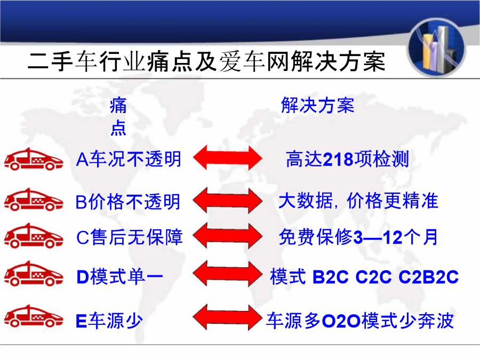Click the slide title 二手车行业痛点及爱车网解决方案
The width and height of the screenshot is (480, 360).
pyautogui.click(x=206, y=61)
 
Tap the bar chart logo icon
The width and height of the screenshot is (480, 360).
pyautogui.click(x=436, y=48)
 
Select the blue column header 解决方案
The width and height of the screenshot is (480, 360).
pyautogui.click(x=317, y=105)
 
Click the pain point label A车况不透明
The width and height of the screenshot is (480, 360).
pyautogui.click(x=129, y=159)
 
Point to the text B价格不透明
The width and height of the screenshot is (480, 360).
pyautogui.click(x=127, y=202)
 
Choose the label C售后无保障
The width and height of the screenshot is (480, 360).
pyautogui.click(x=129, y=237)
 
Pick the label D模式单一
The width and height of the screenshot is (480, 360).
pyautogui.click(x=119, y=277)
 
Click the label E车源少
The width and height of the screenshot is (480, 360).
pyautogui.click(x=109, y=321)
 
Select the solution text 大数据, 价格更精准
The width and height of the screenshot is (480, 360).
pyautogui.click(x=358, y=201)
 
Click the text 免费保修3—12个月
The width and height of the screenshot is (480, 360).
pyautogui.click(x=358, y=237)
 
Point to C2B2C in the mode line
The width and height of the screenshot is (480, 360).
pyautogui.click(x=429, y=277)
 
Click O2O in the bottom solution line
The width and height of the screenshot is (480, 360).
pyautogui.click(x=341, y=321)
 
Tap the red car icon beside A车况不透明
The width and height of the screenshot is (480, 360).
pyautogui.click(x=34, y=159)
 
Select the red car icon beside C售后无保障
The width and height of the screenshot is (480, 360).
pyautogui.click(x=34, y=236)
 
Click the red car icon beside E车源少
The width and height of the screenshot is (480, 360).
pyautogui.click(x=34, y=316)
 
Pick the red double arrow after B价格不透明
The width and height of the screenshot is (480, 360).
pyautogui.click(x=227, y=201)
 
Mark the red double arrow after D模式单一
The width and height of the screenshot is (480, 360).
pyautogui.click(x=227, y=274)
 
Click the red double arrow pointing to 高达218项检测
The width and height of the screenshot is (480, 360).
pyautogui.click(x=227, y=158)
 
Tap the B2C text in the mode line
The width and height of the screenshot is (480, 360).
pyautogui.click(x=330, y=277)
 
